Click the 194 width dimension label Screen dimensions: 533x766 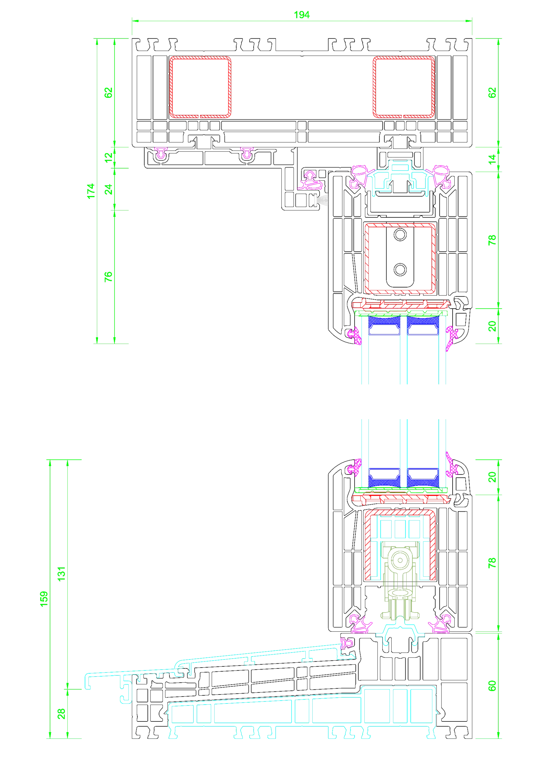pos(301,15)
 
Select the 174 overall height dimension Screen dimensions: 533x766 pos(91,191)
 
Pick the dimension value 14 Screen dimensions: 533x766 pos(492,159)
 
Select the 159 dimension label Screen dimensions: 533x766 pos(44,599)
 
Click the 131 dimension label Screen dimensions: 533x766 pos(61,574)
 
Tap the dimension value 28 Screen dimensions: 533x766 pos(61,714)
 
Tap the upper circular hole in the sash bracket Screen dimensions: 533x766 pos(400,235)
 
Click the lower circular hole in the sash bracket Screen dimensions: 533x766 pos(400,270)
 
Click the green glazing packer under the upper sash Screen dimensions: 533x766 pos(401,313)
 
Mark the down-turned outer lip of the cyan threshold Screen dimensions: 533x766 pos(88,682)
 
